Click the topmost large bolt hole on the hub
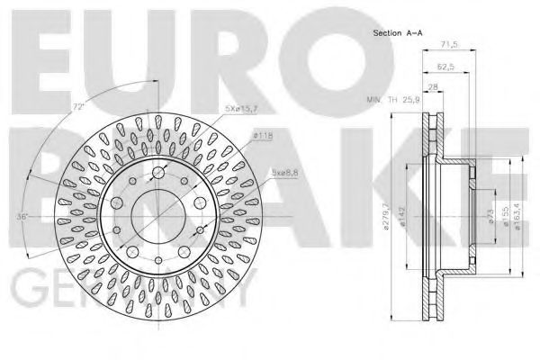coord(158,174)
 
